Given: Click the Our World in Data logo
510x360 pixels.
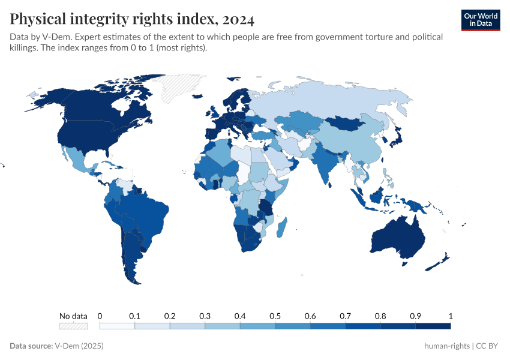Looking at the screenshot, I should pyautogui.click(x=480, y=20).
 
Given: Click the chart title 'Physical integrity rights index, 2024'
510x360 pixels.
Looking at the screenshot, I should pyautogui.click(x=132, y=20).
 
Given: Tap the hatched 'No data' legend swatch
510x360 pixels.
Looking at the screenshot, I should pyautogui.click(x=73, y=326).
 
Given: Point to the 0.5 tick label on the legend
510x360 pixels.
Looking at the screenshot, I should pyautogui.click(x=275, y=316).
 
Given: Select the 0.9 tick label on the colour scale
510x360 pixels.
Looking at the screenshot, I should pyautogui.click(x=415, y=316).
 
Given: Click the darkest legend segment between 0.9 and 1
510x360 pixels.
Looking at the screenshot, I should pyautogui.click(x=433, y=326).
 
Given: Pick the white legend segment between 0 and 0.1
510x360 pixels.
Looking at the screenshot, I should pyautogui.click(x=117, y=326).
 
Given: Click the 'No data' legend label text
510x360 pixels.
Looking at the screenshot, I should pyautogui.click(x=73, y=316).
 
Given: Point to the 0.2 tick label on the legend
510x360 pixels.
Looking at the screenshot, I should pyautogui.click(x=170, y=316).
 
